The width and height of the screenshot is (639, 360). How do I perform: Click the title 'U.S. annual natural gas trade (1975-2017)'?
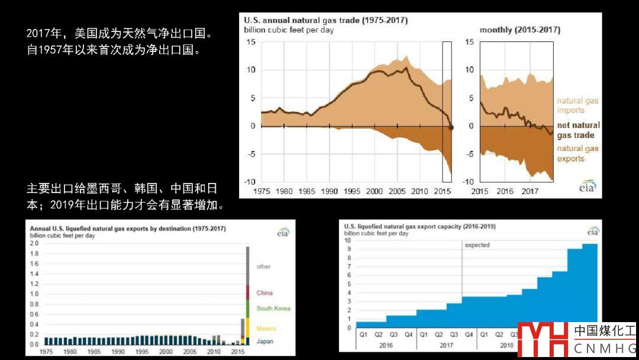325,20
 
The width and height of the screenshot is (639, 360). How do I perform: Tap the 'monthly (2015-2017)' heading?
519,30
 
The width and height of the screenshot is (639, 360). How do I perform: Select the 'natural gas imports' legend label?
577,105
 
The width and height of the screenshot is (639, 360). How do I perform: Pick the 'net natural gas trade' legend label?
578,130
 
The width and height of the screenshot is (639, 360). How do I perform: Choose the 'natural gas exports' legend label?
577,154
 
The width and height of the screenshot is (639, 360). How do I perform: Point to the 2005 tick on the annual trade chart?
396,192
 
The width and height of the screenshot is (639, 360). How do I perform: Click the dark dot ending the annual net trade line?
451,127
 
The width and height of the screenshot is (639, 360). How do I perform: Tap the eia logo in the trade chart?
587,187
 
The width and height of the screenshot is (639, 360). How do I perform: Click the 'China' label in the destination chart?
264,293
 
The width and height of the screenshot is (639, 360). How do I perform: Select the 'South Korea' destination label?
273,308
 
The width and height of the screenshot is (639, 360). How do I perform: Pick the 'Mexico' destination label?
266,329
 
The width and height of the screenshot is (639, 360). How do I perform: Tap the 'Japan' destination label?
265,342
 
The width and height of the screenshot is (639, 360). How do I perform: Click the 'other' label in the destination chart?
263,266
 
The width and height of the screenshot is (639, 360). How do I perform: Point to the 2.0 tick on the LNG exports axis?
34,243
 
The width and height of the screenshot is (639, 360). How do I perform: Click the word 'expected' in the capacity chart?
477,245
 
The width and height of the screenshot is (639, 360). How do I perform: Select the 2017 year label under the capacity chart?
446,345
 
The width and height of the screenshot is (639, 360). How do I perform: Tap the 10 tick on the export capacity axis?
348,240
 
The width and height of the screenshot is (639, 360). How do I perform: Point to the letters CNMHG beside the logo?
605,349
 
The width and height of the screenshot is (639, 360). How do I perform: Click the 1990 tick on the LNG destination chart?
117,352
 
